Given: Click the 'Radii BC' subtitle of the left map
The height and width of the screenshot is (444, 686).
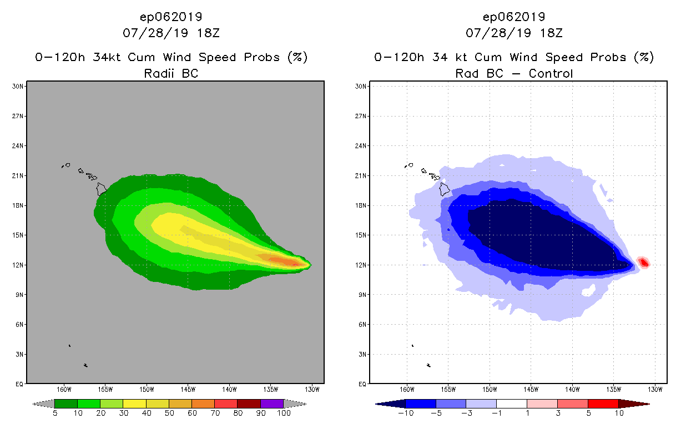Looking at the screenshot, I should pos(171,73).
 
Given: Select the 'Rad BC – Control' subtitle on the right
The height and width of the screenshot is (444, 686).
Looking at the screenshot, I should pos(514,73).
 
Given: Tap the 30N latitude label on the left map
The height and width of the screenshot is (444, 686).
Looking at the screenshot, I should pos(17,86).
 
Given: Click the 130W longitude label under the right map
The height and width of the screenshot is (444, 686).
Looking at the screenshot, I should pos(655,389).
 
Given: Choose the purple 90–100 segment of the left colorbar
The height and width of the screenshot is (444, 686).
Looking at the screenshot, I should pos(272,403).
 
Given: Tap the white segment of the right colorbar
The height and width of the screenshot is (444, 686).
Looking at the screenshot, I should pos(511,403).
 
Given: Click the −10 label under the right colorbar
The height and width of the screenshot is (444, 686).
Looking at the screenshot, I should pos(406,413).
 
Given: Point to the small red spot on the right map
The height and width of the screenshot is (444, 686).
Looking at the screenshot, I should pos(644,263).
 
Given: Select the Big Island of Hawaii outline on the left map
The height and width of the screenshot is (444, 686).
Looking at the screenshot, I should pos(102,189).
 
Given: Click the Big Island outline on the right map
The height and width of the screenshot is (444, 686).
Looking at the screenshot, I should pos(445,189).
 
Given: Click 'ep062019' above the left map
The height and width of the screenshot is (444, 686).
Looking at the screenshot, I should pos(171,17).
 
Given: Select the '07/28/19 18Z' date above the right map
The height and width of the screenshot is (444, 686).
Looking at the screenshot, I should pos(514,33).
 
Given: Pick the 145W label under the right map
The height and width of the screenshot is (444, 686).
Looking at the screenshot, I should pos(531,389).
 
